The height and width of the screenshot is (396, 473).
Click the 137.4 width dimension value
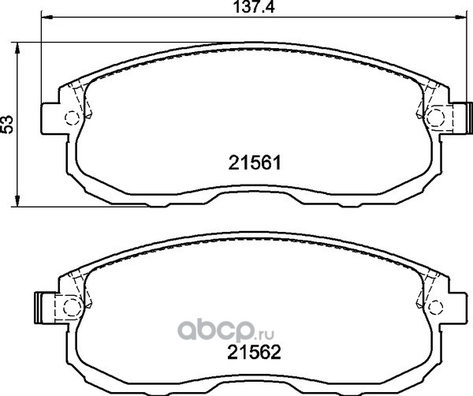pyautogui.click(x=255, y=7)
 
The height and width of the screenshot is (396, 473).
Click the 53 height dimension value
pyautogui.click(x=7, y=124)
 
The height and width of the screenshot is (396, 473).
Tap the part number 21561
pyautogui.click(x=255, y=163)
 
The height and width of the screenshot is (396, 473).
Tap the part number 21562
pyautogui.click(x=254, y=353)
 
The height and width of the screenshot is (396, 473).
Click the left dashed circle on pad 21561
pyautogui.click(x=73, y=118)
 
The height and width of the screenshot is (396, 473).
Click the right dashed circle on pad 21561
pyautogui.click(x=436, y=117)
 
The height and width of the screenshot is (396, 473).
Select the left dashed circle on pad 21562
pyautogui.click(x=72, y=307)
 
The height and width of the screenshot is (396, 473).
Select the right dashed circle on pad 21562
pyautogui.click(x=436, y=307)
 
